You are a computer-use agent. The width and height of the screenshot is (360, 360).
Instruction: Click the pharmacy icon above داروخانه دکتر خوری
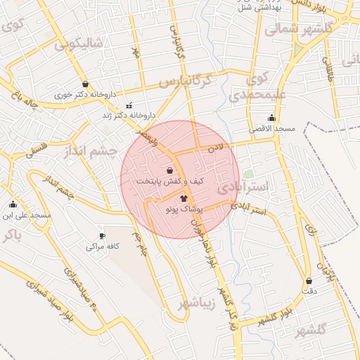point(85,84)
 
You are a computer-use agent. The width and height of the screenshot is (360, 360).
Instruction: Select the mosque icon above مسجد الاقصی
point(271,118)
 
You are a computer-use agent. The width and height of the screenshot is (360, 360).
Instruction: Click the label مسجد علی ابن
point(27,214)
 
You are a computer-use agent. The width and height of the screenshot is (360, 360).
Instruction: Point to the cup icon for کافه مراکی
point(102,236)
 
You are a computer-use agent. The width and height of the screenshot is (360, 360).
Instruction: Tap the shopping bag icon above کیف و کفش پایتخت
point(169,170)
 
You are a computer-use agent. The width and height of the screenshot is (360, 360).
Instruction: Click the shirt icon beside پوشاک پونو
point(184,199)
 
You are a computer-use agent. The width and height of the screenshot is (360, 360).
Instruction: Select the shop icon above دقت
point(309,281)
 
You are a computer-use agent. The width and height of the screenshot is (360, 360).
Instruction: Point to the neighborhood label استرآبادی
point(243,188)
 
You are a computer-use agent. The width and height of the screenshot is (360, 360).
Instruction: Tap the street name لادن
point(214,148)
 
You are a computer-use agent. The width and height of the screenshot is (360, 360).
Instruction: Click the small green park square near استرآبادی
point(247,174)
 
